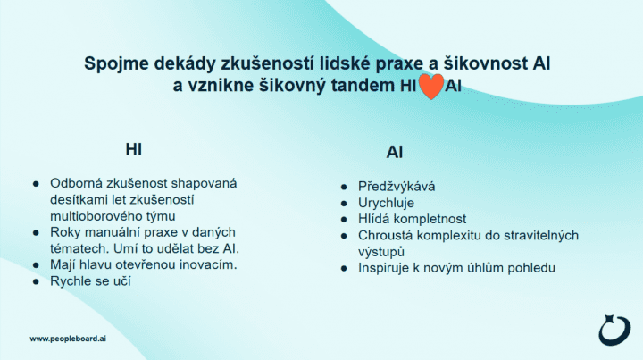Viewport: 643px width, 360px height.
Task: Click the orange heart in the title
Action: pos(431,87)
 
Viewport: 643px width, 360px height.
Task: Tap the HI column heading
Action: pos(134,150)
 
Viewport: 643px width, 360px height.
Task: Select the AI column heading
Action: pos(395,153)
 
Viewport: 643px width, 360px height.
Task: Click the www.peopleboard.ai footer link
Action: pos(68,339)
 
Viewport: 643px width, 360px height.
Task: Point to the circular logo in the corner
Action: pos(614,330)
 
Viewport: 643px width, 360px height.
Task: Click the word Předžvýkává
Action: pos(397,187)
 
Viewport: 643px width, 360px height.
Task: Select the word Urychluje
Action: pos(386,203)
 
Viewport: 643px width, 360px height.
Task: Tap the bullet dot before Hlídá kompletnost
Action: pos(344,220)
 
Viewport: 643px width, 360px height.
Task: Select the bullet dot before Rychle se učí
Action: pos(36,281)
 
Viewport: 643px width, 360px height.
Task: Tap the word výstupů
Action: pos(381,252)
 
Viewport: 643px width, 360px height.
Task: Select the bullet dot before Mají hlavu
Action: pos(36,265)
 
